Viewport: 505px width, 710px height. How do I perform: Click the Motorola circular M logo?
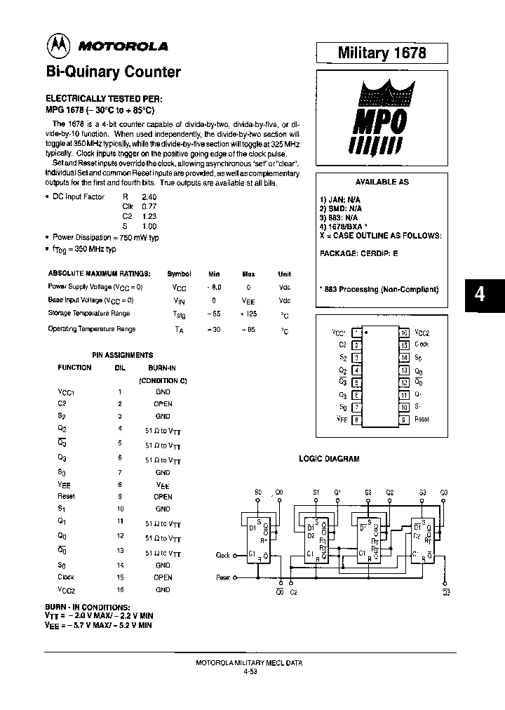58,46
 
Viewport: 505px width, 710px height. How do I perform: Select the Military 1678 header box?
382,53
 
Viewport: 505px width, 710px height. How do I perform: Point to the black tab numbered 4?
480,295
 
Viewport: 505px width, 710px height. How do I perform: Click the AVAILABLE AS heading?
382,182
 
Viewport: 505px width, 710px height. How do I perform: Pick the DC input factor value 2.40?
149,197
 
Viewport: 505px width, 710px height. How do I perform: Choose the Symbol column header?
179,274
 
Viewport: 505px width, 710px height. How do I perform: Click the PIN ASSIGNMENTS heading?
123,355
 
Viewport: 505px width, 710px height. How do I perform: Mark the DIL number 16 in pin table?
120,590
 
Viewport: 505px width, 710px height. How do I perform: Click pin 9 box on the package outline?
404,419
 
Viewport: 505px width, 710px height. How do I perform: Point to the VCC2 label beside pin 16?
422,333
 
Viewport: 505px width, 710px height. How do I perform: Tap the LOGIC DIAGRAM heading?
329,459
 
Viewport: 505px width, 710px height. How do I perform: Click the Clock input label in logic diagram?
223,556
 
